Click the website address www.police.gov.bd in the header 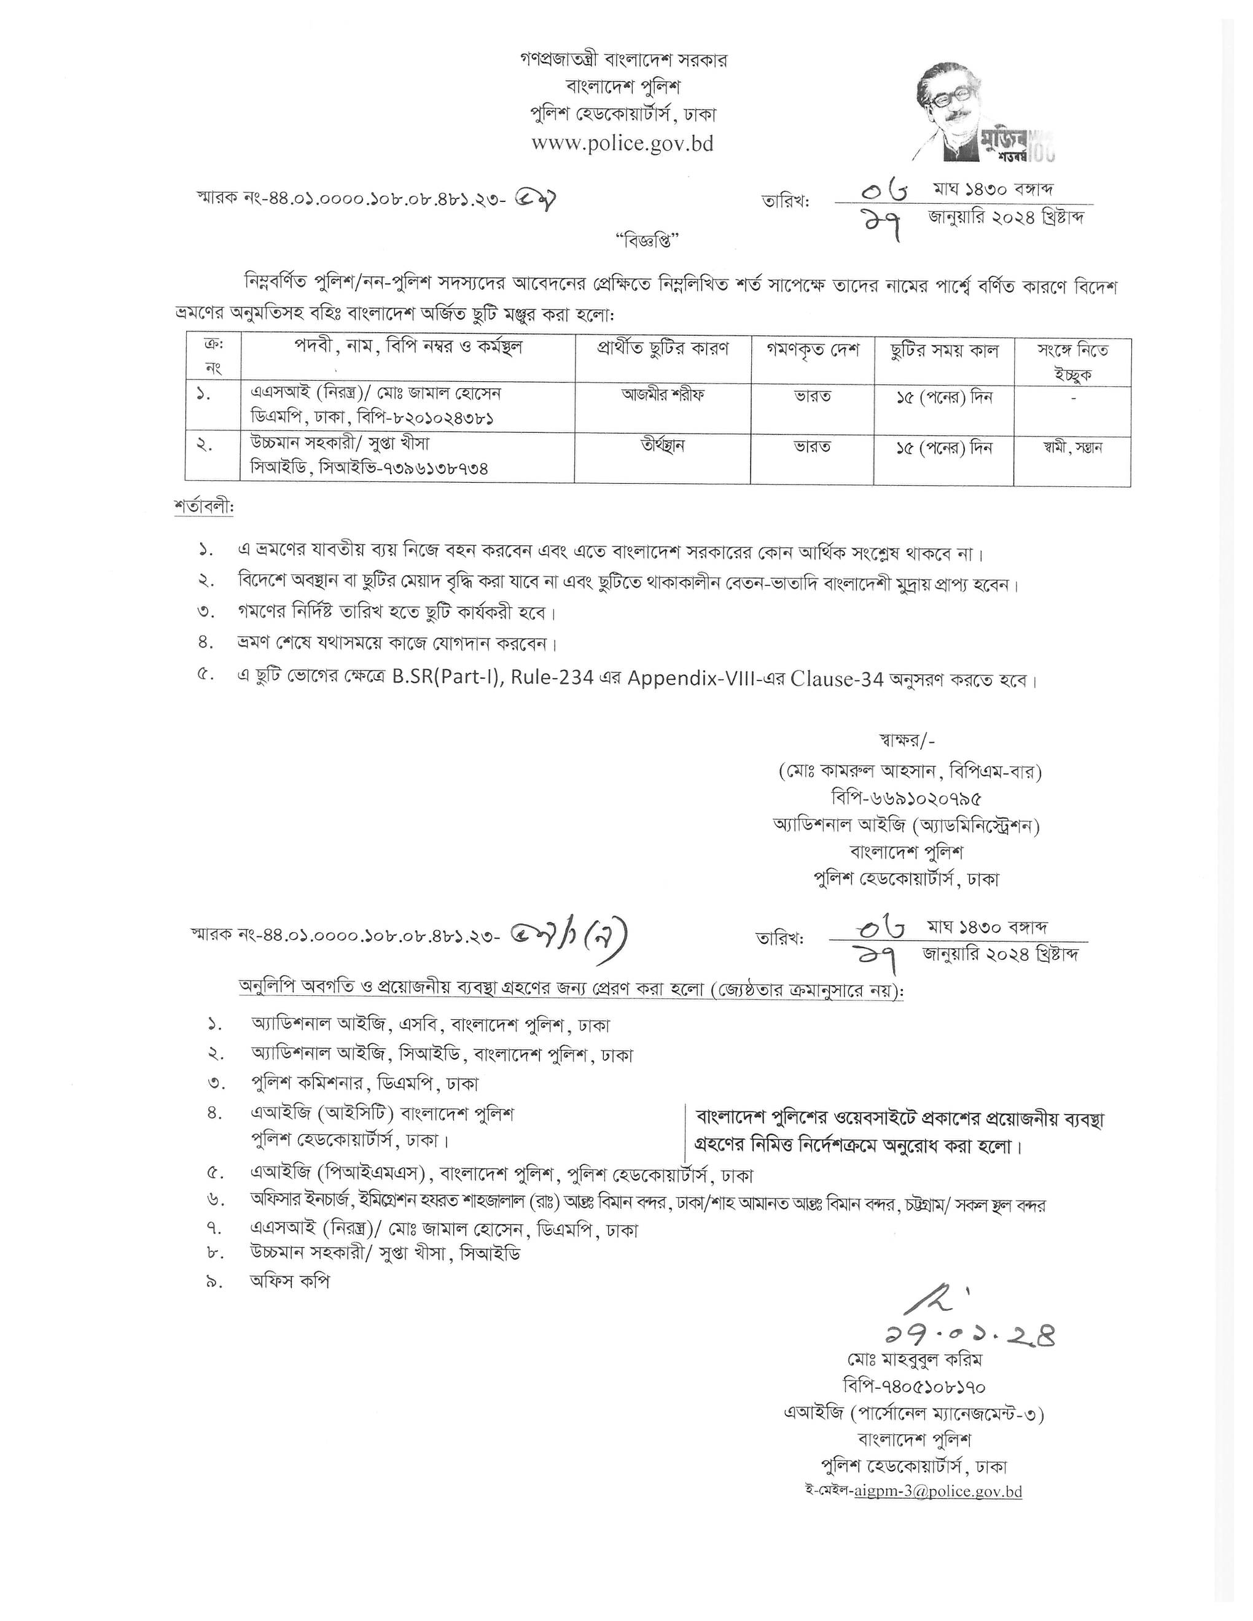622,143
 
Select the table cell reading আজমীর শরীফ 663,395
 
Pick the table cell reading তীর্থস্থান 663,445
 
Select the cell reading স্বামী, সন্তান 1072,448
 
